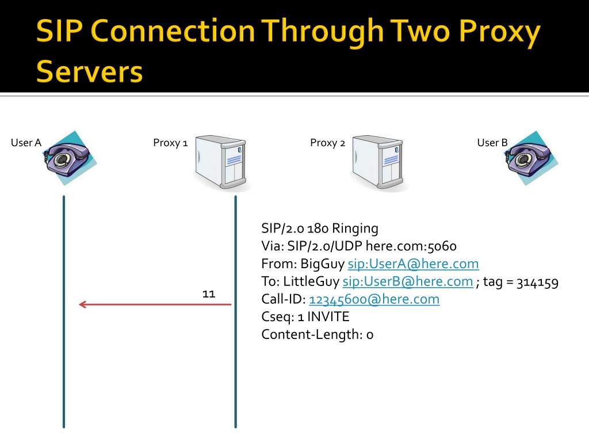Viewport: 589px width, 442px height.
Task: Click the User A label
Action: tap(26, 143)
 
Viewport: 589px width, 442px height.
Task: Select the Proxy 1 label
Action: tap(170, 143)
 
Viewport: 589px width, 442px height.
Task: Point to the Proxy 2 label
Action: tap(327, 143)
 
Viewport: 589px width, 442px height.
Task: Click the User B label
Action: tap(492, 143)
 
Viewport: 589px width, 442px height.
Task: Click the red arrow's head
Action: tap(82, 304)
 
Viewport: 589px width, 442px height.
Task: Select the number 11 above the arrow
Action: tap(209, 294)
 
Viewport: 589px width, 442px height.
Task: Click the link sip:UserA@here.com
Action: tap(413, 264)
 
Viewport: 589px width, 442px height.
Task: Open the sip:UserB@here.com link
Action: tap(407, 282)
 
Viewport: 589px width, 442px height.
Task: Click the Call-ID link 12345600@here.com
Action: tap(374, 299)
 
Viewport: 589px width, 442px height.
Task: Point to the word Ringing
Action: tap(355, 229)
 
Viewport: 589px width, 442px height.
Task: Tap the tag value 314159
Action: tap(537, 282)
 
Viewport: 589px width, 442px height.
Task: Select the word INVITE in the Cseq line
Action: tap(328, 317)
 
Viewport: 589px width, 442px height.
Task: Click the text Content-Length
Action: tap(311, 334)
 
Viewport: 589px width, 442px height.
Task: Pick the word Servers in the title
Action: tap(89, 71)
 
